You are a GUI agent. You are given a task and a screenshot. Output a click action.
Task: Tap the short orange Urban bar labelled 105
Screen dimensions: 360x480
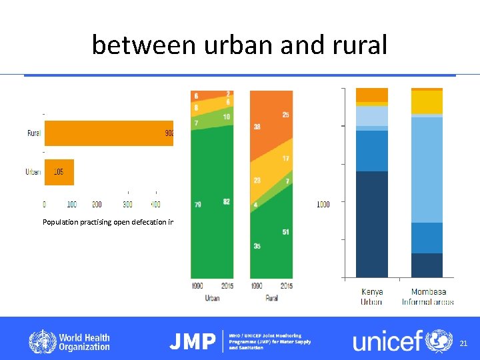click(x=59, y=172)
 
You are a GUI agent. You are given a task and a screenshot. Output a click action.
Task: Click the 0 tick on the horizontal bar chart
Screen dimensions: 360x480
click(x=45, y=204)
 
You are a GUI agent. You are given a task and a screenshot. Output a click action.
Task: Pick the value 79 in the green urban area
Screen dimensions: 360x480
click(x=198, y=205)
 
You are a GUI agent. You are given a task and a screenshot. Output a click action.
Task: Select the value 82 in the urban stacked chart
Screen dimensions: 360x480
click(x=227, y=201)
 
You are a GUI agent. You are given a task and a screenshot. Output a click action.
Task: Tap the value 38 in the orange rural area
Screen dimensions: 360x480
click(x=257, y=126)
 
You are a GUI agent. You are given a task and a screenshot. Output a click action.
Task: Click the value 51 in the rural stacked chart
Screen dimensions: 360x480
click(x=285, y=232)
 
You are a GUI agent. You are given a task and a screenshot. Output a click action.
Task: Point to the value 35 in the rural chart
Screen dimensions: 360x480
click(x=257, y=246)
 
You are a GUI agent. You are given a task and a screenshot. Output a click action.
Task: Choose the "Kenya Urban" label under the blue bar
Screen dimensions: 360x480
click(x=371, y=297)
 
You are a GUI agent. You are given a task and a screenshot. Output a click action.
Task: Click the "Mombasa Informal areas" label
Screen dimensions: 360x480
click(x=427, y=297)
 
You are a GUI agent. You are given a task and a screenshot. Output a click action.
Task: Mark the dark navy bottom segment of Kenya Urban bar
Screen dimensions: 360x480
click(x=371, y=223)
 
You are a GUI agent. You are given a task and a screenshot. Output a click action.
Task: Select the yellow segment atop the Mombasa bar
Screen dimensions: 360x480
click(x=427, y=102)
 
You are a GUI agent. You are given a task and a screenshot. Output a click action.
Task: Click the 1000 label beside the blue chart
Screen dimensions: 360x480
click(x=323, y=204)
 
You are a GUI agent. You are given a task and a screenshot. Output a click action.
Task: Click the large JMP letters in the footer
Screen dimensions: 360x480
click(x=193, y=342)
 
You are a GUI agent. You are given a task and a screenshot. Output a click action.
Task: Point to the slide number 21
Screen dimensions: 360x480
click(x=464, y=343)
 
